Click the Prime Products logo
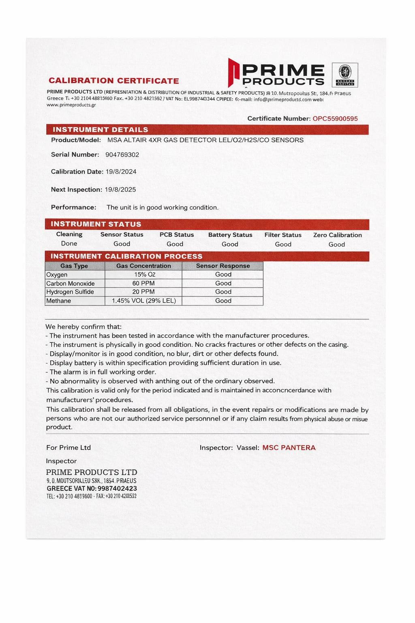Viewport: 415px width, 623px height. pyautogui.click(x=276, y=73)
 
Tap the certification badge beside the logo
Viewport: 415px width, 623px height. pyautogui.click(x=345, y=75)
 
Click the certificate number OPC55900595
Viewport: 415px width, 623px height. pyautogui.click(x=335, y=119)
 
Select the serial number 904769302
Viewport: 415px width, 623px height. pyautogui.click(x=122, y=155)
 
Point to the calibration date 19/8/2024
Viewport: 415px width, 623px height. pyautogui.click(x=121, y=172)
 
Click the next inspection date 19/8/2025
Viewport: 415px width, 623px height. pyautogui.click(x=120, y=189)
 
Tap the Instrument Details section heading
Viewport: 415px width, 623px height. pyautogui.click(x=100, y=130)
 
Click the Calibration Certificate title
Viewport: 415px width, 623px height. pyautogui.click(x=114, y=81)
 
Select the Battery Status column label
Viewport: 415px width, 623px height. pyautogui.click(x=230, y=235)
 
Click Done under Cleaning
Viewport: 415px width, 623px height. pyautogui.click(x=69, y=243)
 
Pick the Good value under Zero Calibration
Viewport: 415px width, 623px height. pyautogui.click(x=337, y=245)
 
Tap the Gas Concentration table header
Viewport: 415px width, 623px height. pyautogui.click(x=143, y=266)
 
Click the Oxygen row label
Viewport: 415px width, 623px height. pyautogui.click(x=57, y=275)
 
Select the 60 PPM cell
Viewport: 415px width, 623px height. pyautogui.click(x=143, y=283)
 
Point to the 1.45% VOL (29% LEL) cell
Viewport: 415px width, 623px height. pyautogui.click(x=143, y=301)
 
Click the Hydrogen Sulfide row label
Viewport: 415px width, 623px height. pyautogui.click(x=70, y=292)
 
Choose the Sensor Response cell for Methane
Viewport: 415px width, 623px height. pyautogui.click(x=223, y=301)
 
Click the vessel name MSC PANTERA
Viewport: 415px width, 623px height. pyautogui.click(x=289, y=448)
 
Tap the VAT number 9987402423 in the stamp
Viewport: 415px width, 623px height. pyautogui.click(x=117, y=489)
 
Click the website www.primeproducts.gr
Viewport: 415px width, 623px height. pyautogui.click(x=71, y=105)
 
